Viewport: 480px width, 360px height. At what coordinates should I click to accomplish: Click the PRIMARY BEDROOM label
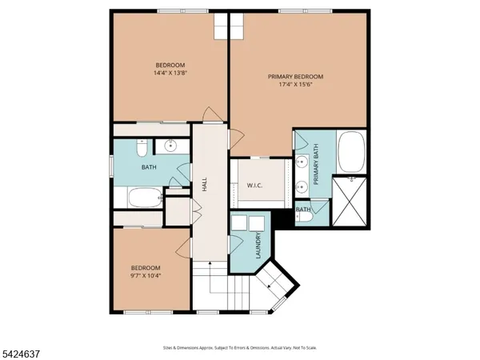tap(300, 78)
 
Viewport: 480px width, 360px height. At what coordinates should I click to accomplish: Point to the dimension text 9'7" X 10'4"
tap(146, 276)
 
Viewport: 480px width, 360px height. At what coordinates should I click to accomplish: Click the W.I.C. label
tap(254, 186)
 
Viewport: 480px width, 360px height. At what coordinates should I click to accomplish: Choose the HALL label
tap(206, 184)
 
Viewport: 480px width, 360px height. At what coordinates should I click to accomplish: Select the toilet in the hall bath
tap(140, 148)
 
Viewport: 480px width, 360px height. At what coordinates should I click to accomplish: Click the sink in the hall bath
tap(170, 146)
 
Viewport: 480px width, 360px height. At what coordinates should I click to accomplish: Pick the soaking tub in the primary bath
tap(352, 154)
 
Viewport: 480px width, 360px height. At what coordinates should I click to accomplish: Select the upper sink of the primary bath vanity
tap(301, 162)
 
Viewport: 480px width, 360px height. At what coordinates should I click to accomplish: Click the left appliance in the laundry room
tap(238, 224)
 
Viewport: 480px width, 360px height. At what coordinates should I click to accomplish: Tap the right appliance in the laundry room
tap(256, 224)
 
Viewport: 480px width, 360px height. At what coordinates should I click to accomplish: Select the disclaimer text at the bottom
tap(239, 348)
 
